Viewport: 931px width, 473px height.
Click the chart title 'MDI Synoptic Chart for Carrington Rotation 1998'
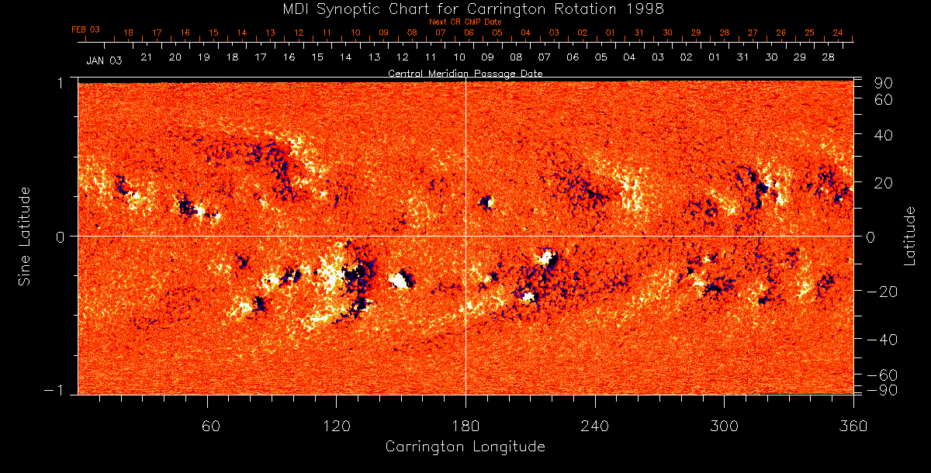pos(465,9)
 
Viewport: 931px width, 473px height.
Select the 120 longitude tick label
pos(336,426)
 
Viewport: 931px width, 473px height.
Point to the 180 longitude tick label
pos(465,426)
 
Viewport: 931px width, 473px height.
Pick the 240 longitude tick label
pos(594,426)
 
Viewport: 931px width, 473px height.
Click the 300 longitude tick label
pos(723,426)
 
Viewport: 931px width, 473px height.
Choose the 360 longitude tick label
pos(852,426)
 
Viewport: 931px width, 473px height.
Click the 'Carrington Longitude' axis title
pos(465,447)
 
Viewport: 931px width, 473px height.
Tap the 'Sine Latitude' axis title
pos(25,235)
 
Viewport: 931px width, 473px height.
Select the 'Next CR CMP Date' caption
pos(465,22)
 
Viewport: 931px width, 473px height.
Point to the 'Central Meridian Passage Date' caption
pos(465,73)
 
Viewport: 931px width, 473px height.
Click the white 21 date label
pos(146,57)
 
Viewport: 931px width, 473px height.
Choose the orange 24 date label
pos(838,33)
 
